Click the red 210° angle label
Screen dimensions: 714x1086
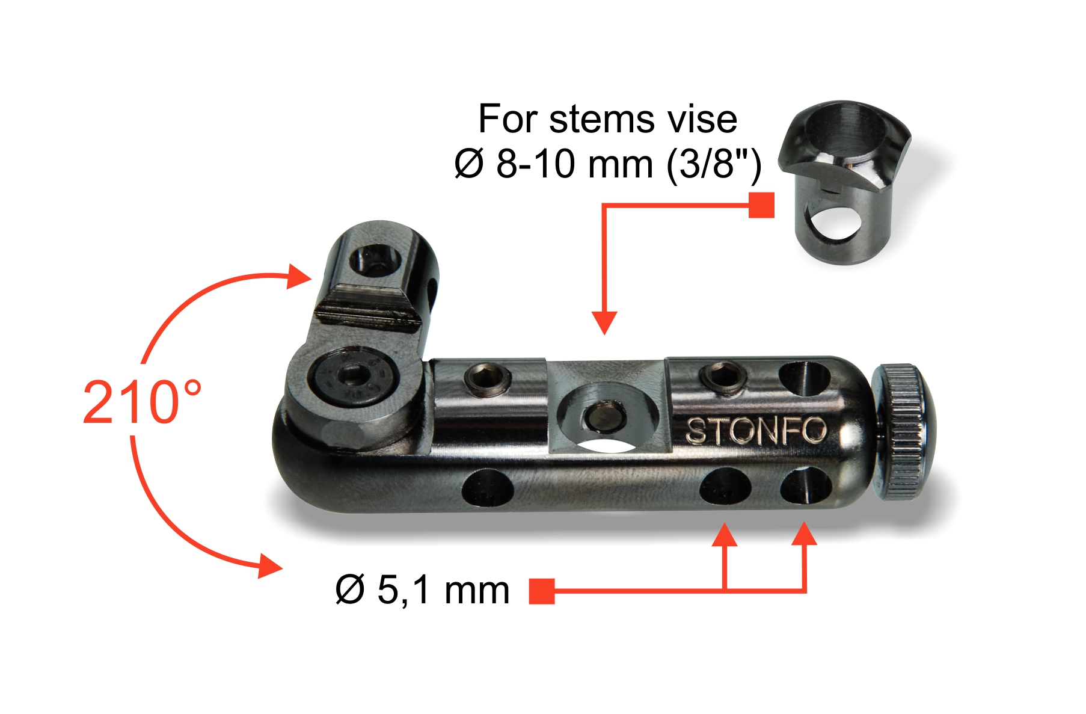tap(142, 402)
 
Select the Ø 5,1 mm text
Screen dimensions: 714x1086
tap(422, 589)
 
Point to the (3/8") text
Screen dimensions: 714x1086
tap(714, 164)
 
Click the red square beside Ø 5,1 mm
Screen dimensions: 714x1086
tap(541, 591)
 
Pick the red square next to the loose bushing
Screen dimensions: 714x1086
tap(761, 205)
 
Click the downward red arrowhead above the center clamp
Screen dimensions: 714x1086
tap(604, 322)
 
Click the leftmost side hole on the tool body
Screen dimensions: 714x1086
tap(488, 487)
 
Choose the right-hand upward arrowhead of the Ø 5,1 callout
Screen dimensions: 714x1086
tap(804, 534)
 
